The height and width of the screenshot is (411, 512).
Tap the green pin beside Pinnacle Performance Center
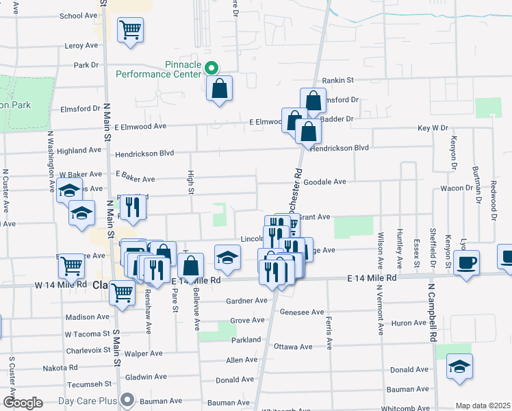[x=212, y=68]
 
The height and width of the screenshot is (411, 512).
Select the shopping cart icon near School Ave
[x=130, y=30]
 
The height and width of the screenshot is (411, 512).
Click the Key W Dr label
[x=432, y=128]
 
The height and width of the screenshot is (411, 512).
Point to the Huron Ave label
[x=409, y=323]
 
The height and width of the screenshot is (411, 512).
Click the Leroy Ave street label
[x=81, y=46]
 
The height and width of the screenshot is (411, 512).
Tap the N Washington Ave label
[x=51, y=161]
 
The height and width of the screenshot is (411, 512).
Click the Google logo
[x=23, y=403]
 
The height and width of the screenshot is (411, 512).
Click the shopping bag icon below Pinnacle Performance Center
[x=219, y=88]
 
